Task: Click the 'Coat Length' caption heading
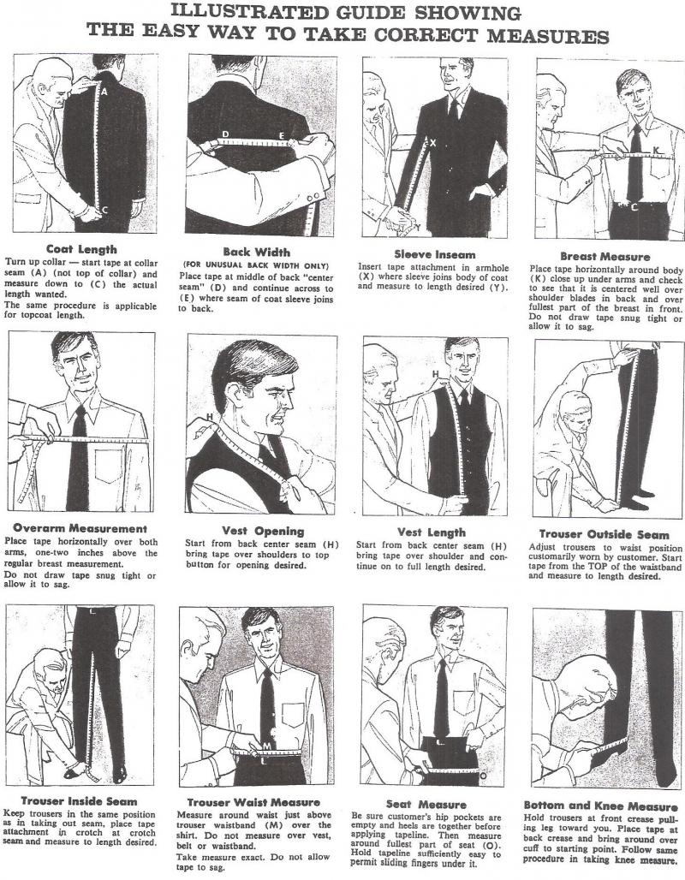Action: [x=81, y=249]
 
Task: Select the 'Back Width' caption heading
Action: [x=257, y=252]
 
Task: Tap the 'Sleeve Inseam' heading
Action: [x=435, y=254]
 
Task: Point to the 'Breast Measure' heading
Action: [x=605, y=257]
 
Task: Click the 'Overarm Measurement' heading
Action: [x=80, y=528]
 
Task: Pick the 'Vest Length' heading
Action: [x=432, y=532]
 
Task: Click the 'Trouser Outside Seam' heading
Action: [x=605, y=534]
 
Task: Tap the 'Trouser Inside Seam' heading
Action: [x=79, y=801]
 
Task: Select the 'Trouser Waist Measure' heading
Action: [x=253, y=803]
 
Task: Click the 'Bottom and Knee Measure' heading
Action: [x=600, y=806]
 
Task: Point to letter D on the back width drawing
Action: [x=225, y=134]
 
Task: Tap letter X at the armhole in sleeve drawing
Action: [x=432, y=144]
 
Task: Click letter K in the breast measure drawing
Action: [x=656, y=150]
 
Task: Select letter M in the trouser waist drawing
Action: [x=266, y=746]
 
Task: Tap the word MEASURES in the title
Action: [x=547, y=36]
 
